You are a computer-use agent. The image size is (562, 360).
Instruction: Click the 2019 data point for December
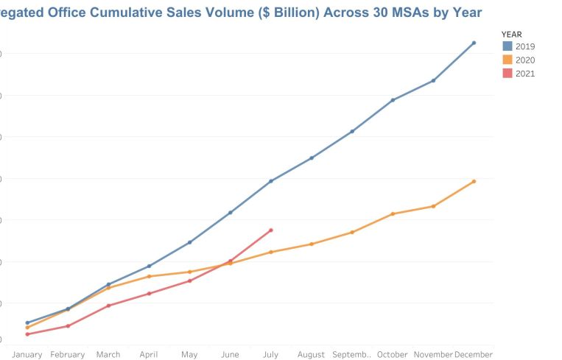point(474,43)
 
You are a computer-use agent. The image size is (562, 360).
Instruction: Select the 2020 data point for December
point(474,181)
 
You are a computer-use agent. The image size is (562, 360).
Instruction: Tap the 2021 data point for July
point(271,230)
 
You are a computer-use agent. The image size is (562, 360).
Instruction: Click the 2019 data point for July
point(271,181)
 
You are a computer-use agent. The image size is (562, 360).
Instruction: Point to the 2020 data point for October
point(393,213)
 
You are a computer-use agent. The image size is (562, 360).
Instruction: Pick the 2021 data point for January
point(27,334)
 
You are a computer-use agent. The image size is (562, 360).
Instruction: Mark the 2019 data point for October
point(393,100)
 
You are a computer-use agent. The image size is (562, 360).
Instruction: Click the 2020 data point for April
point(149,276)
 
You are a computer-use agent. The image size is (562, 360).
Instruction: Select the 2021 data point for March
point(108,306)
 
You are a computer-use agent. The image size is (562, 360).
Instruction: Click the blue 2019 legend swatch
point(507,46)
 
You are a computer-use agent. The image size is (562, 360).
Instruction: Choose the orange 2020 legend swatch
point(507,60)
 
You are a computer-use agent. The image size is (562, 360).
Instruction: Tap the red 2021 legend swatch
point(507,74)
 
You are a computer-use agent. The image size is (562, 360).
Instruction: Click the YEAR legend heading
point(512,34)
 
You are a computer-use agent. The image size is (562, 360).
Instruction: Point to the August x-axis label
point(311,355)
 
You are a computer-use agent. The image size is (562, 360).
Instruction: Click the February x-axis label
point(68,355)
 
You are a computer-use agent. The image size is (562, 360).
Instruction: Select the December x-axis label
point(474,355)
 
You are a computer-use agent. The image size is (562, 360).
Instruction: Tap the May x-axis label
point(189,355)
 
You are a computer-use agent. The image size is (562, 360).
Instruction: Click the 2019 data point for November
point(433,80)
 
